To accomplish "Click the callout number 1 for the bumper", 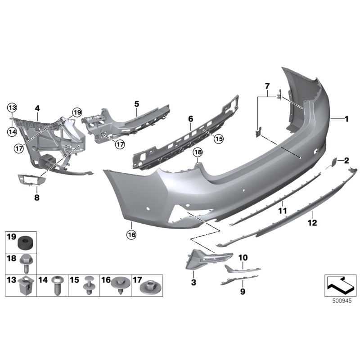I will [346, 119].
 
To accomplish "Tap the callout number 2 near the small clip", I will [346, 160].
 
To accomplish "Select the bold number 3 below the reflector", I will [194, 282].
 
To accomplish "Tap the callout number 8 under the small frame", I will [37, 197].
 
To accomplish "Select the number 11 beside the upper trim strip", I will [282, 210].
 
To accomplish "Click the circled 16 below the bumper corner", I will [131, 234].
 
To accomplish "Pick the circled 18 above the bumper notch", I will [198, 153].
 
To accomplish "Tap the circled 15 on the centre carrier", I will [218, 139].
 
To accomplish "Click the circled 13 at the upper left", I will [11, 107].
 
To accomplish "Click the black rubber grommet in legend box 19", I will [25, 243].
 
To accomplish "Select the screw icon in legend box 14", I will [57, 285].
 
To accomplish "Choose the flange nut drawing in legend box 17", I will [150, 286].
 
